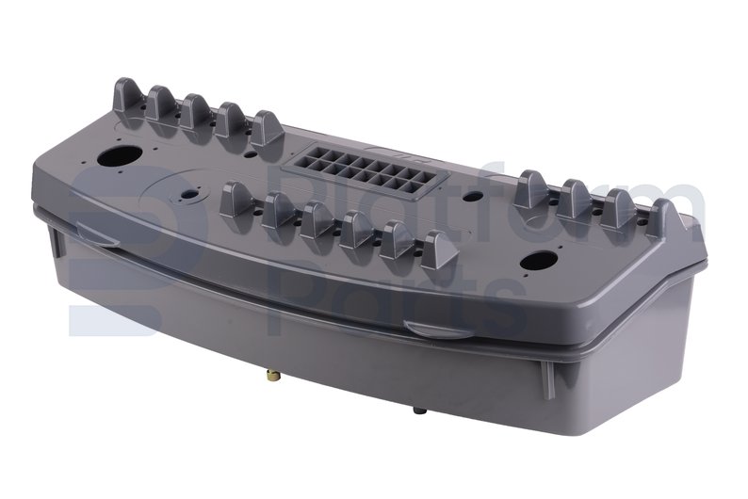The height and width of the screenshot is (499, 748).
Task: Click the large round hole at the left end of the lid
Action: (x=120, y=156)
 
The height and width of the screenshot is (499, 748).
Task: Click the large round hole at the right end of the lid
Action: (x=539, y=261)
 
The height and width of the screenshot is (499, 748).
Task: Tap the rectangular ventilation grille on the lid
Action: (x=366, y=170)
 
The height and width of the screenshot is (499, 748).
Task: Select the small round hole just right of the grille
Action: (x=473, y=196)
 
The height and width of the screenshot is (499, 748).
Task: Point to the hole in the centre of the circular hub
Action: (x=189, y=195)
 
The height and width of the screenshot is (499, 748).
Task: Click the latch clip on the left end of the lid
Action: (x=97, y=235)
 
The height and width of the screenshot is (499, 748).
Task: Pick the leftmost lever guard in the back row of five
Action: (x=128, y=98)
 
